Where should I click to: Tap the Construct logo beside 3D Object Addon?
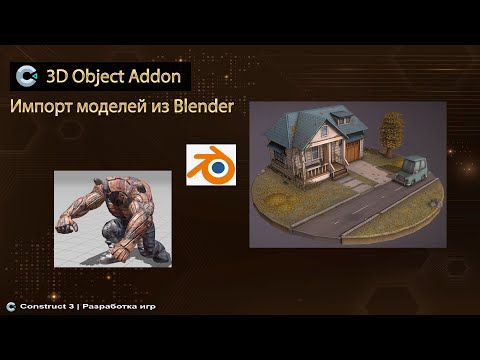pyautogui.click(x=28, y=76)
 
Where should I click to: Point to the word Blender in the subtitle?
pyautogui.click(x=199, y=106)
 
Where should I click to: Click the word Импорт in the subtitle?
pyautogui.click(x=43, y=107)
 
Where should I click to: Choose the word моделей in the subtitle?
pyautogui.click(x=110, y=107)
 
